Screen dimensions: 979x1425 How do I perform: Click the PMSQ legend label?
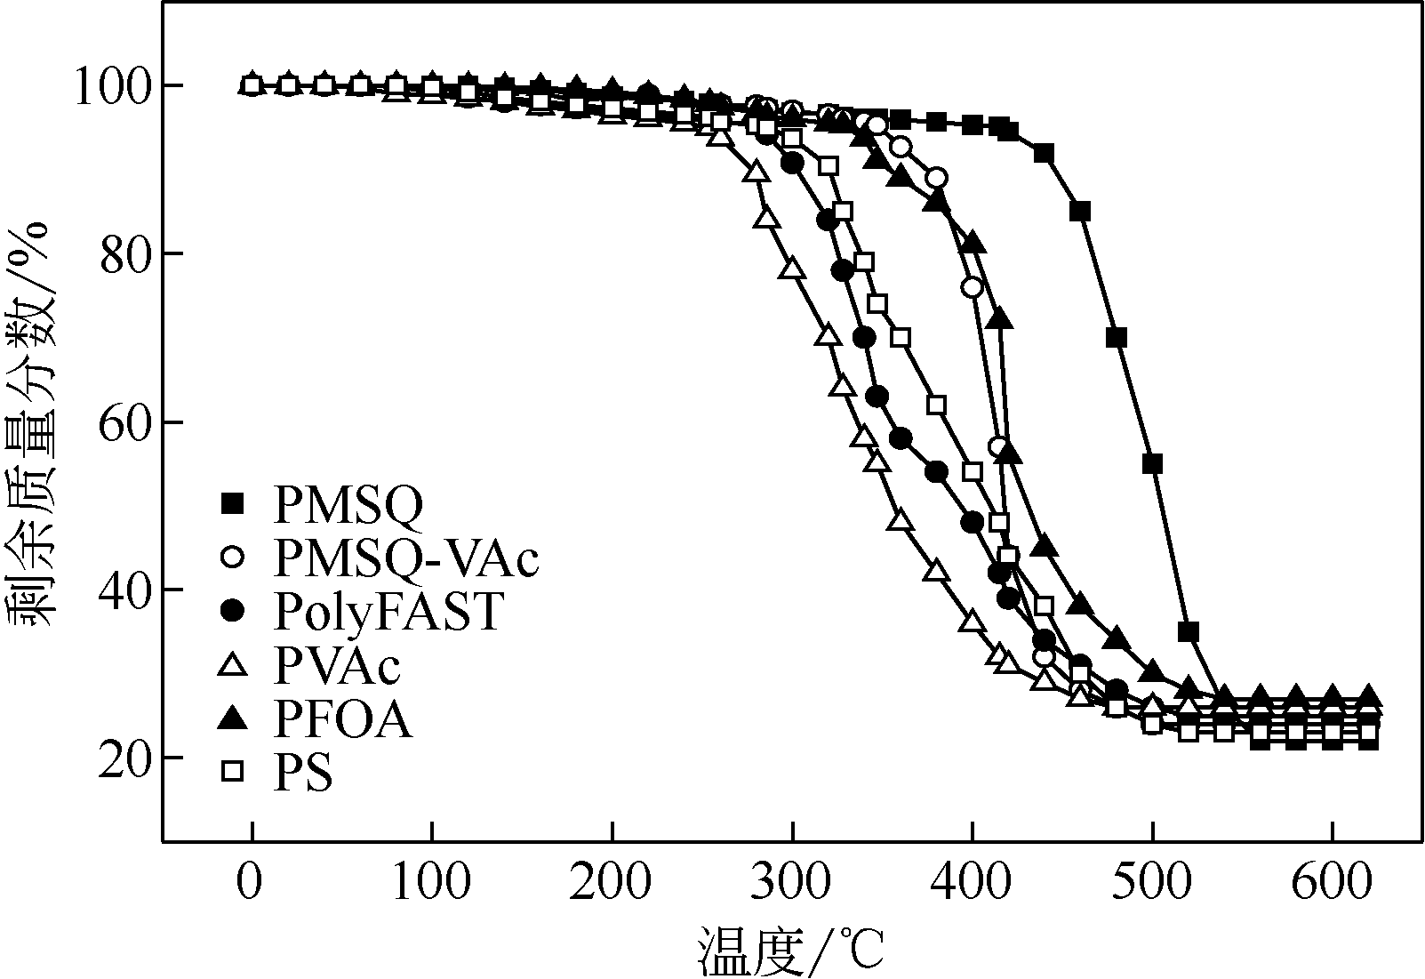[348, 505]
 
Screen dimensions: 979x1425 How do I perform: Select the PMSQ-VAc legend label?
[406, 558]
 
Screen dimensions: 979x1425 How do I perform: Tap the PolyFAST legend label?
[388, 611]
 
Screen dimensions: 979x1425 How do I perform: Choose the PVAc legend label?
[337, 665]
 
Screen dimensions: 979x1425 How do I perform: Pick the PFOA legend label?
[343, 719]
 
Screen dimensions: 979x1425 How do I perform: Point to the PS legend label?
[303, 773]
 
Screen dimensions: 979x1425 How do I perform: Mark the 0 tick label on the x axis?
[252, 886]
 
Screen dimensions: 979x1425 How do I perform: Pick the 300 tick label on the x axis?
[791, 886]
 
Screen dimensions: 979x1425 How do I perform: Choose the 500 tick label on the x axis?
[1152, 886]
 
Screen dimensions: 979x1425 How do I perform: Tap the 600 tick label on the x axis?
[1332, 886]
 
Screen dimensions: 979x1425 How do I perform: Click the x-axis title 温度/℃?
[789, 951]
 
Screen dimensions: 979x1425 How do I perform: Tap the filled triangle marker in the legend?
[233, 718]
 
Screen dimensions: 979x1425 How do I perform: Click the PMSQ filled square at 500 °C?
[1152, 463]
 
